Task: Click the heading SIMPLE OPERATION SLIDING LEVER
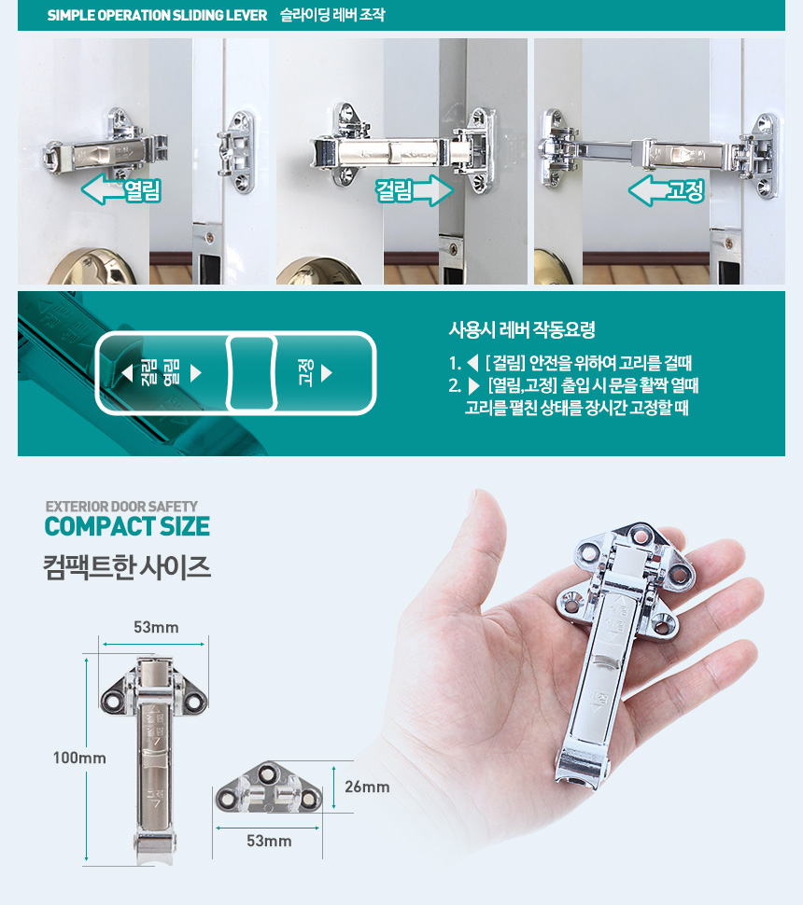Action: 157,15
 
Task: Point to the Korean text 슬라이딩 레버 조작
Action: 332,14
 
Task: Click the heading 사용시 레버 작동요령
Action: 522,329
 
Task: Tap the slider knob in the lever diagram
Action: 251,373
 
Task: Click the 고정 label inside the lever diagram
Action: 305,373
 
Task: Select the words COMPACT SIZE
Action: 127,526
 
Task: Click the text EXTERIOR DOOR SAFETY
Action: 121,507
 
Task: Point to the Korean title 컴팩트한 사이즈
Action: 126,566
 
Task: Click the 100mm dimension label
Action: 79,758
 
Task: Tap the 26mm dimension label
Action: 367,787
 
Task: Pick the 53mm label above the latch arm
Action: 156,627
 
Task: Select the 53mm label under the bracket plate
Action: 269,841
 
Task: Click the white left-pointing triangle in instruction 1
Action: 472,363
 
